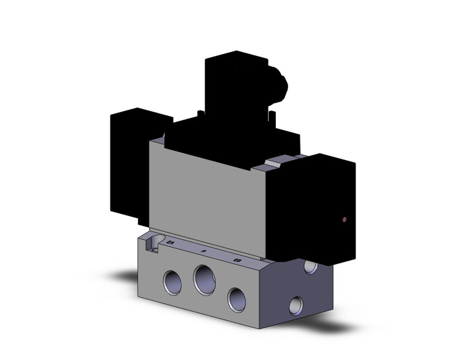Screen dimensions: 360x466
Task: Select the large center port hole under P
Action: (x=204, y=280)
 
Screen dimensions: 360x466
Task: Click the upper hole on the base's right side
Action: (x=311, y=267)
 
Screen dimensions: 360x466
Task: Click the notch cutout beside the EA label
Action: (x=153, y=240)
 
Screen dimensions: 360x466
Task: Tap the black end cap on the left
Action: (x=129, y=159)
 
